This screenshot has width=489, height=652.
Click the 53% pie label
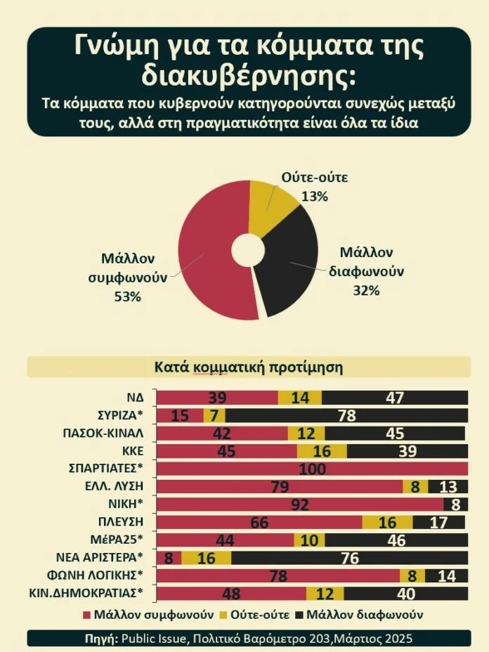coord(128,296)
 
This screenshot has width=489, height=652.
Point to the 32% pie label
coord(365,289)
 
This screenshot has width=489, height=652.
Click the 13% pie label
coord(314,196)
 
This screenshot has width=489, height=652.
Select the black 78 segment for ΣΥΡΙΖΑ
coord(346,415)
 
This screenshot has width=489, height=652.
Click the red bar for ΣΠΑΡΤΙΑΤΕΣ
coord(312,469)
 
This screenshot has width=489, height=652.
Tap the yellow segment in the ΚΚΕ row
coord(322,451)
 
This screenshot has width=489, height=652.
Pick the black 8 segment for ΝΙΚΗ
coord(455,504)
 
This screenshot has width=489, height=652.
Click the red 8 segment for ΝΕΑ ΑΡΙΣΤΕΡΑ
coord(169,559)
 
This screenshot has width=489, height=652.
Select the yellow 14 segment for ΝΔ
coord(300,398)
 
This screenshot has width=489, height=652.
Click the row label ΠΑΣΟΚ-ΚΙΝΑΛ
coord(103,433)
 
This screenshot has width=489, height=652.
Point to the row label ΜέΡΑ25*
coord(119,540)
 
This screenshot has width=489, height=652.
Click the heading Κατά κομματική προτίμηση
coord(248,367)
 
